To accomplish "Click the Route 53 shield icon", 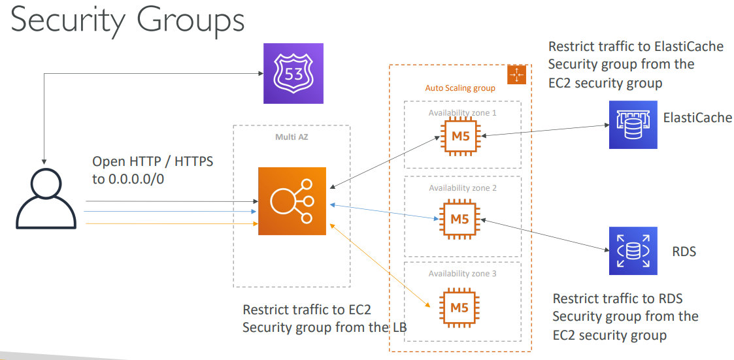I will tap(293, 73).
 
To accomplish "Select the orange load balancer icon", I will tap(292, 201).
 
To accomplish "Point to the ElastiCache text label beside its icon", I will tap(697, 118).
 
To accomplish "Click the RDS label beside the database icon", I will tap(684, 251).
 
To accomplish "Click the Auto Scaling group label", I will tap(460, 88).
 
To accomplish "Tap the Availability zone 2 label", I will tap(462, 188).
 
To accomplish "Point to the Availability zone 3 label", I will tap(462, 274).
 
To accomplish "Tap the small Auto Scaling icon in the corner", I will tap(516, 74).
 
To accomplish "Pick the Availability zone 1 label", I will tap(462, 113).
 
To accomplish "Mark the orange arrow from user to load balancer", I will tap(170, 223).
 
